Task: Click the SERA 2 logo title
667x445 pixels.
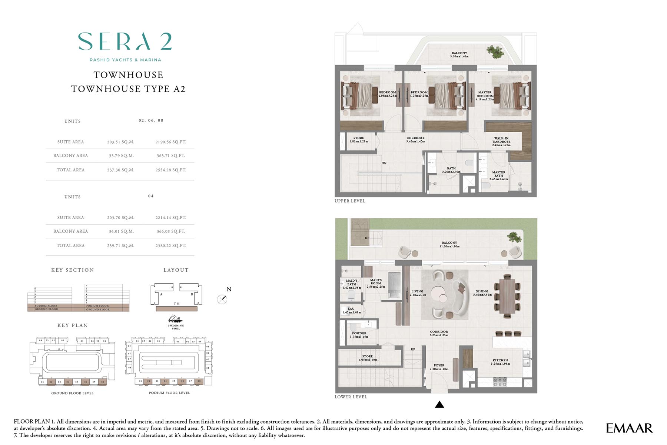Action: pos(125,41)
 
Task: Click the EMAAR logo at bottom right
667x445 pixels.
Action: pos(629,428)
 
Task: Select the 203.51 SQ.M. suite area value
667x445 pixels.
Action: pos(120,142)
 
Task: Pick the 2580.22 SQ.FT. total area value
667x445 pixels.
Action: pos(171,246)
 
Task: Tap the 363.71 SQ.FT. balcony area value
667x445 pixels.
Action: pos(171,156)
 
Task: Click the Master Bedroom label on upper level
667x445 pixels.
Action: pos(485,96)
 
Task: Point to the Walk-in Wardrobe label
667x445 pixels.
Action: pos(501,142)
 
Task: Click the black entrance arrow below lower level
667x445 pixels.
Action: pos(439,405)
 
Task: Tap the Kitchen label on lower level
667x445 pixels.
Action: pos(500,362)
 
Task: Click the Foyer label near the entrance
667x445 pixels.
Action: pos(439,367)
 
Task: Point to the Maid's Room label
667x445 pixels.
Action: pos(376,283)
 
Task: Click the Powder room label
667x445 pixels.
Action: pos(359,335)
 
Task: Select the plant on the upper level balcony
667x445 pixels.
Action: pos(495,51)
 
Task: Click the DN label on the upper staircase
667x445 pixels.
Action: pos(384,163)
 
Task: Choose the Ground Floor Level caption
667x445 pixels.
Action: pos(72,393)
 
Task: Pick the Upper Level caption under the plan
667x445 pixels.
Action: pos(350,201)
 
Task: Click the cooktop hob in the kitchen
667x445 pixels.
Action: pos(500,382)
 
